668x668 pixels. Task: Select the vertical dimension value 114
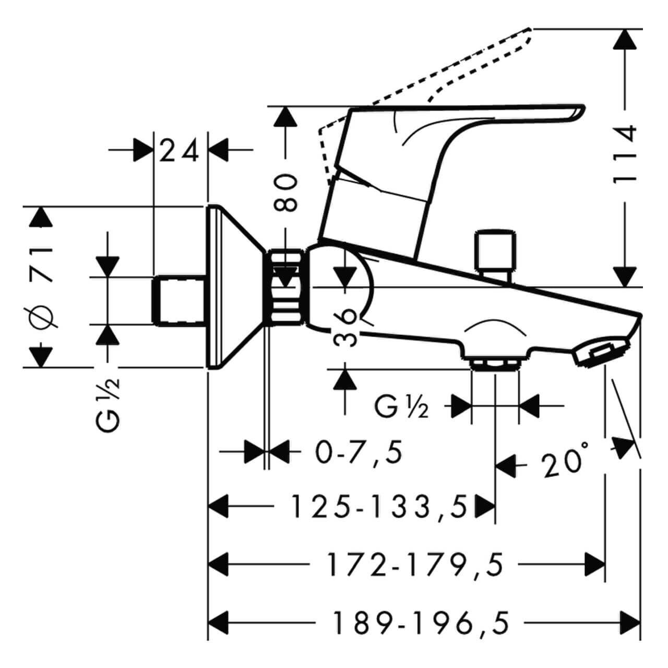pyautogui.click(x=625, y=153)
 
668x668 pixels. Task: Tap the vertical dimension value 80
pyautogui.click(x=287, y=193)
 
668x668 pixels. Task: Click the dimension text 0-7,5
pyautogui.click(x=359, y=452)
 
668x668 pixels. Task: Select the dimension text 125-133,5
pyautogui.click(x=379, y=507)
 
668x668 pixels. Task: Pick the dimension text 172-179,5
pyautogui.click(x=415, y=565)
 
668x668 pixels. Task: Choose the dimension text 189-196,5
pyautogui.click(x=421, y=623)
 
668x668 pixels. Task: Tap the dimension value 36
pyautogui.click(x=345, y=327)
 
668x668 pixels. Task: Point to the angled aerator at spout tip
pyautogui.click(x=600, y=352)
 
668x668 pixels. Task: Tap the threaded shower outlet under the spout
pyautogui.click(x=495, y=364)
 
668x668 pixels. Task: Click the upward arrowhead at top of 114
pyautogui.click(x=625, y=39)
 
